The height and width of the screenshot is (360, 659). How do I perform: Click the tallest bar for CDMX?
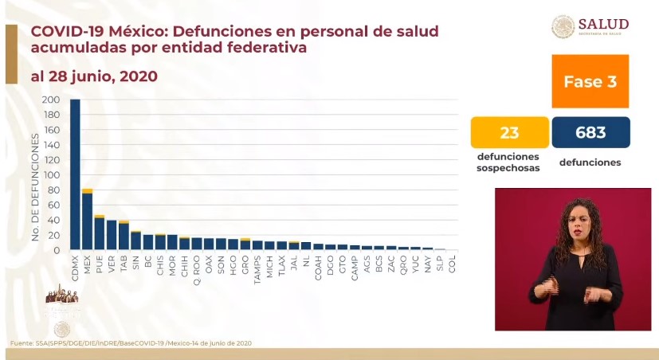pyautogui.click(x=75, y=175)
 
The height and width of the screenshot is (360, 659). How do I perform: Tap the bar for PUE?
pyautogui.click(x=99, y=233)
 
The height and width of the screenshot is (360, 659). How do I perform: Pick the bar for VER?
pyautogui.click(x=112, y=236)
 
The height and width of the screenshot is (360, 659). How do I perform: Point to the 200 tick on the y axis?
pyautogui.click(x=51, y=100)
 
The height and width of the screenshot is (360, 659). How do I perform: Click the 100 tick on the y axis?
pyautogui.click(x=51, y=175)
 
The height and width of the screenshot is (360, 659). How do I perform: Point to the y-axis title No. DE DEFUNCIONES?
pyautogui.click(x=35, y=187)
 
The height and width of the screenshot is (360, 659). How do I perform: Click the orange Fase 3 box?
pyautogui.click(x=590, y=81)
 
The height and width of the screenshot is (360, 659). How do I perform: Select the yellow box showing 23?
pyautogui.click(x=510, y=132)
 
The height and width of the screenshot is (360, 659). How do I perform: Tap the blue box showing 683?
pyautogui.click(x=590, y=132)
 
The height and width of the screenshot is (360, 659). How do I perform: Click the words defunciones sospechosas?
pyautogui.click(x=510, y=162)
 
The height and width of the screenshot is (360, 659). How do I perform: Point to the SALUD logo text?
pyautogui.click(x=604, y=23)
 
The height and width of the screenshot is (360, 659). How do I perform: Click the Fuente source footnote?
pyautogui.click(x=131, y=342)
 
